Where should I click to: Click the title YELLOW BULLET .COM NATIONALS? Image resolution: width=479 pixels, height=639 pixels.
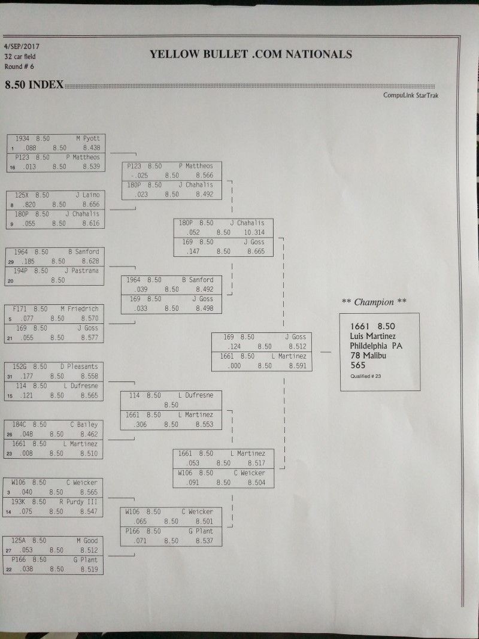[x=250, y=54]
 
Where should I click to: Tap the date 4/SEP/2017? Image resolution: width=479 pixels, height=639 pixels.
[x=22, y=47]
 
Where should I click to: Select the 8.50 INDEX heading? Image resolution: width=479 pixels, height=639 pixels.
[x=34, y=85]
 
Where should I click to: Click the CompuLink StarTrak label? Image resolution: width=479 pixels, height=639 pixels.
[x=411, y=95]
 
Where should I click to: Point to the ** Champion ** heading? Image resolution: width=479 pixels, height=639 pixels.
[x=374, y=302]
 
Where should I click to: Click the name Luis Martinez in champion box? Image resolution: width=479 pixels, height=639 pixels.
[x=372, y=336]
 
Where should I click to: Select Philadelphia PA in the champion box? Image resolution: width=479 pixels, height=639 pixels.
[x=376, y=346]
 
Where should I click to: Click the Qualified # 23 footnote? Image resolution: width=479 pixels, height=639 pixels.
[x=365, y=376]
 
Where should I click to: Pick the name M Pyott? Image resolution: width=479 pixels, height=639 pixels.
[x=88, y=138]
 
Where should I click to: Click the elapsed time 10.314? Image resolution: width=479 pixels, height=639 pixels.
[x=254, y=232]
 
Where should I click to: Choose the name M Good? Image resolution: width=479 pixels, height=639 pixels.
[x=87, y=541]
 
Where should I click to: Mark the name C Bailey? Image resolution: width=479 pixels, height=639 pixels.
[x=84, y=425]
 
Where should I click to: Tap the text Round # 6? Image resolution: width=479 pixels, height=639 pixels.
[x=19, y=66]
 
